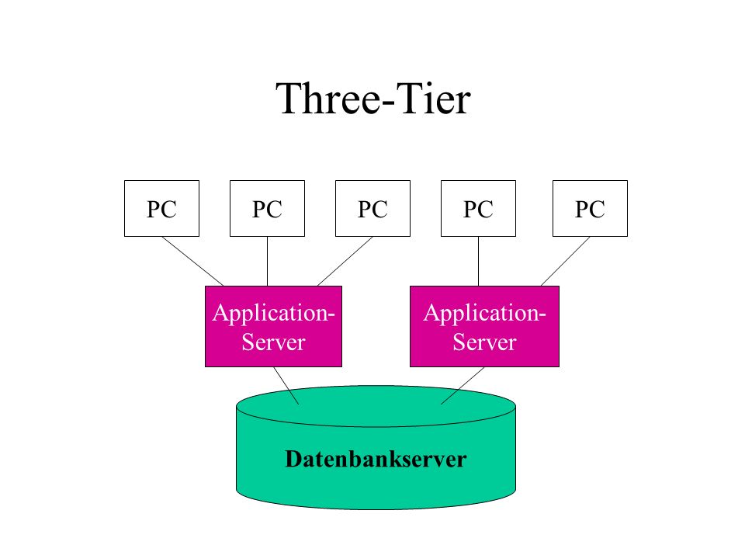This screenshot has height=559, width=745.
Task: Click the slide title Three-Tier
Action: tap(373, 99)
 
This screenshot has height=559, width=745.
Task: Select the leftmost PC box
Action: tap(161, 208)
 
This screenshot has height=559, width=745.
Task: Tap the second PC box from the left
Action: tap(267, 208)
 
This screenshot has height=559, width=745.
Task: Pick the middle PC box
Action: tap(372, 208)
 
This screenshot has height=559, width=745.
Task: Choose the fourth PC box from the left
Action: tap(478, 208)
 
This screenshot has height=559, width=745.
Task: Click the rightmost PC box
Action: tap(590, 208)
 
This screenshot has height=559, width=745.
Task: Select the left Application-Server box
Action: tap(273, 326)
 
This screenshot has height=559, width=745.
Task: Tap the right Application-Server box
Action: tap(484, 326)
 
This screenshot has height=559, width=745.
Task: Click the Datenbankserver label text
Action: tap(376, 459)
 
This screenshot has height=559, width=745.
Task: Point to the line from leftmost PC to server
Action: tap(193, 262)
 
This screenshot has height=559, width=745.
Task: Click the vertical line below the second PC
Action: tap(267, 262)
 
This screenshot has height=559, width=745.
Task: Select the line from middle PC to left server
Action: tap(345, 262)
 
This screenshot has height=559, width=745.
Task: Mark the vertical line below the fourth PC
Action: tap(478, 262)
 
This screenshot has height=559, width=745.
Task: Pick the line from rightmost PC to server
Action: tap(566, 262)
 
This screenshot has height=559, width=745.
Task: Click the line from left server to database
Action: tap(286, 386)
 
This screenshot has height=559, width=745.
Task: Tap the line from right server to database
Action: tap(463, 386)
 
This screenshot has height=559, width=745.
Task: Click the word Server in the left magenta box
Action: tap(273, 342)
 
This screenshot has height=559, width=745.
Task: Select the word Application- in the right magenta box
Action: tap(484, 314)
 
